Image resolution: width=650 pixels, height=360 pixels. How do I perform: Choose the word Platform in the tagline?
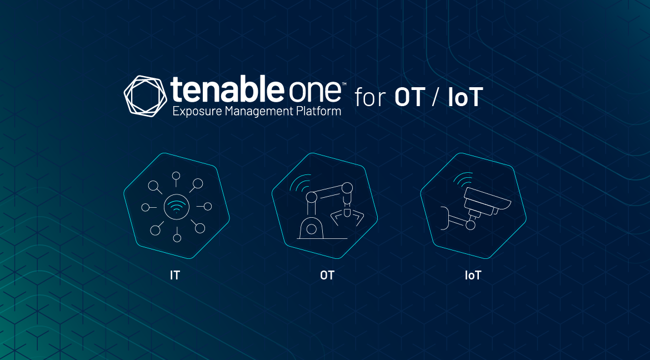319,112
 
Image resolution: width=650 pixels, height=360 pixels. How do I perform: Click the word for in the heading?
370,98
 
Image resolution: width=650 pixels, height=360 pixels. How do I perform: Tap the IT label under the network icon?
175,275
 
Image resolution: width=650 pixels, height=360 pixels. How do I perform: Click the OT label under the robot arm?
327,275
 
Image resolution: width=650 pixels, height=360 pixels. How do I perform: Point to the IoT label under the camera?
473,275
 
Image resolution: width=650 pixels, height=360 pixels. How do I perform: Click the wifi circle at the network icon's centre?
177,207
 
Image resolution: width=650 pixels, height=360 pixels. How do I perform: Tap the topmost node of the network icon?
177,176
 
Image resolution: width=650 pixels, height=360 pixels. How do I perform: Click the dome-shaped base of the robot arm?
312,228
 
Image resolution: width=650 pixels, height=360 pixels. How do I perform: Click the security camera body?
487,199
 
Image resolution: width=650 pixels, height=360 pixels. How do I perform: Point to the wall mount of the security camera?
444,218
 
